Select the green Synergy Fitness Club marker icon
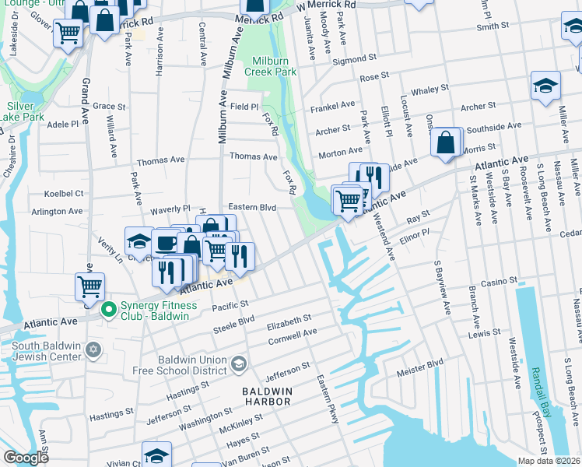click(108, 310)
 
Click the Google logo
click(26, 458)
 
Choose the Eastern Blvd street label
click(252, 208)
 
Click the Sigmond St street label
click(354, 58)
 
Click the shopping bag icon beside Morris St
click(445, 143)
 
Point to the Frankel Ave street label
click(333, 104)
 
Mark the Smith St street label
click(493, 26)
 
